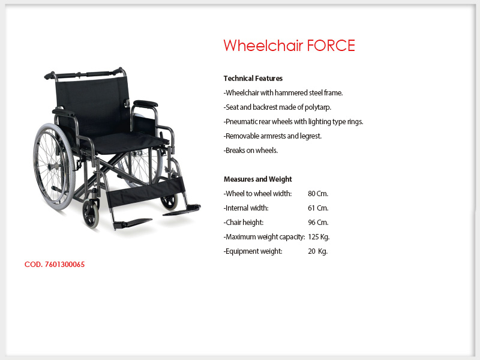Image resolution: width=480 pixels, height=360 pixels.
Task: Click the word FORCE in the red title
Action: pos(331,46)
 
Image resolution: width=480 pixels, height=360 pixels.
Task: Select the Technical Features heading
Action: pos(253,79)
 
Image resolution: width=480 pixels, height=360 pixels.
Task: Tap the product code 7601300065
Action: pos(65,265)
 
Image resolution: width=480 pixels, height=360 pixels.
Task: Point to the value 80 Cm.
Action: pos(318,193)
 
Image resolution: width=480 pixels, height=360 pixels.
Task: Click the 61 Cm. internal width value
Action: pos(318,208)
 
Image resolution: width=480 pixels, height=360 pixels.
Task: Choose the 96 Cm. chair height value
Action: pos(318,222)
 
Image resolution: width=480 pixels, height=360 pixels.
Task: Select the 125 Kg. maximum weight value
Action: pos(319,236)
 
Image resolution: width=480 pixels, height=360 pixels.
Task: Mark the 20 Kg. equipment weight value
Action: pos(318,251)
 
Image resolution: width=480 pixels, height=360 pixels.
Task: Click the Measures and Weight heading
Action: pos(258,179)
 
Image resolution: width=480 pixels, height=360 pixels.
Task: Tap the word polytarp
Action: pos(318,107)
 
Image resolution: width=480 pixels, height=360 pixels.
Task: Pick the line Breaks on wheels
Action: pos(251,151)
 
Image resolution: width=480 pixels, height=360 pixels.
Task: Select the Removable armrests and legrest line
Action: pos(273,136)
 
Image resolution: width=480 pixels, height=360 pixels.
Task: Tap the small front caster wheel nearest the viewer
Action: pos(91,214)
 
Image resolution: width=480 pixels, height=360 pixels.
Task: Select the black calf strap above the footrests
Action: pos(145,191)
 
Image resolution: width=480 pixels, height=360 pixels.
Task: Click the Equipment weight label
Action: pos(253,251)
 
